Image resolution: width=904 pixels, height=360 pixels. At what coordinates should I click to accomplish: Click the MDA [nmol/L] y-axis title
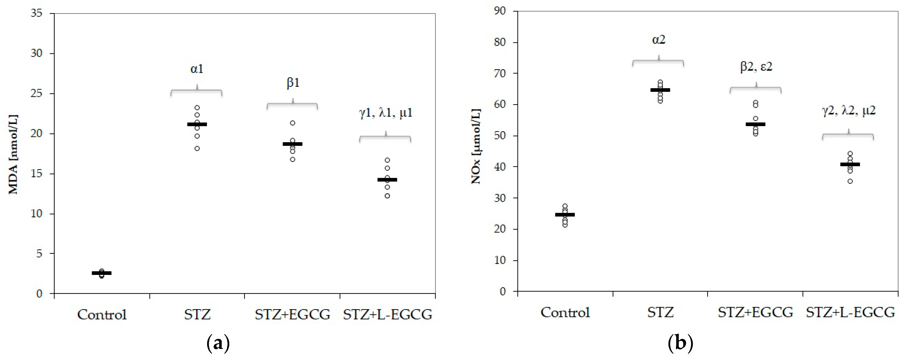point(13,154)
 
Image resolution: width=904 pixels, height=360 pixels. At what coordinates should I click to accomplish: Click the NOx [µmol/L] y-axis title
point(476,147)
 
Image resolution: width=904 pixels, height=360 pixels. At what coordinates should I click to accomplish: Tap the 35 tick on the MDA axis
point(36,14)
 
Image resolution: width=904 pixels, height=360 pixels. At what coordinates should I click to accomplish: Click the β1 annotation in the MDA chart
point(293,83)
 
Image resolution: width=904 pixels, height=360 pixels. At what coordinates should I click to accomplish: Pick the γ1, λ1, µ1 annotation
point(386,113)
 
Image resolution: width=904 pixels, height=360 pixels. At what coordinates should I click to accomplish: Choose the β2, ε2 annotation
point(756,67)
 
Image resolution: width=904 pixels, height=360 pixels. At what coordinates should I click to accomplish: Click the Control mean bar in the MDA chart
point(102,273)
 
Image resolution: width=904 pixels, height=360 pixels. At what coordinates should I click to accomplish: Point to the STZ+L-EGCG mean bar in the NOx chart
point(850,164)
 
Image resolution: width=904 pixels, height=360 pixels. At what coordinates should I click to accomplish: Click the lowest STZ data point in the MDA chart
point(197,149)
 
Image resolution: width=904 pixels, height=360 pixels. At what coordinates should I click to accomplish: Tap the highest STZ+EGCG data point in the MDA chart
point(293,123)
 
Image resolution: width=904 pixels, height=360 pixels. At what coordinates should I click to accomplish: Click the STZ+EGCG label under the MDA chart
point(292,314)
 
